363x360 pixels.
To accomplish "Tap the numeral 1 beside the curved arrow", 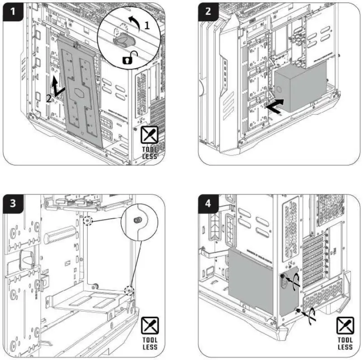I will pyautogui.click(x=146, y=26).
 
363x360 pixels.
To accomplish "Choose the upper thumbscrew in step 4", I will pyautogui.click(x=283, y=276).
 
